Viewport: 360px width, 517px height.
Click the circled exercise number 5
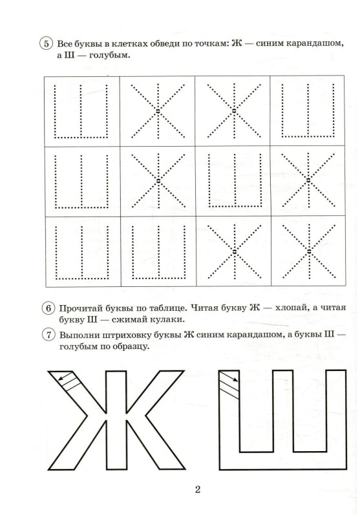click(x=46, y=44)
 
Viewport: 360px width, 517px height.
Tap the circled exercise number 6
click(x=46, y=308)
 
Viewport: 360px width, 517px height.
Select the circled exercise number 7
click(x=46, y=334)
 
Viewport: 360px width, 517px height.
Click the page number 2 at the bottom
click(x=198, y=489)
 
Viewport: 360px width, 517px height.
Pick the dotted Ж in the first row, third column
click(x=233, y=111)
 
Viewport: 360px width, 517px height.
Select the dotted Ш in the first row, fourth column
click(x=309, y=110)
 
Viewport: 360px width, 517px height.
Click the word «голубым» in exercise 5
click(x=107, y=57)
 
